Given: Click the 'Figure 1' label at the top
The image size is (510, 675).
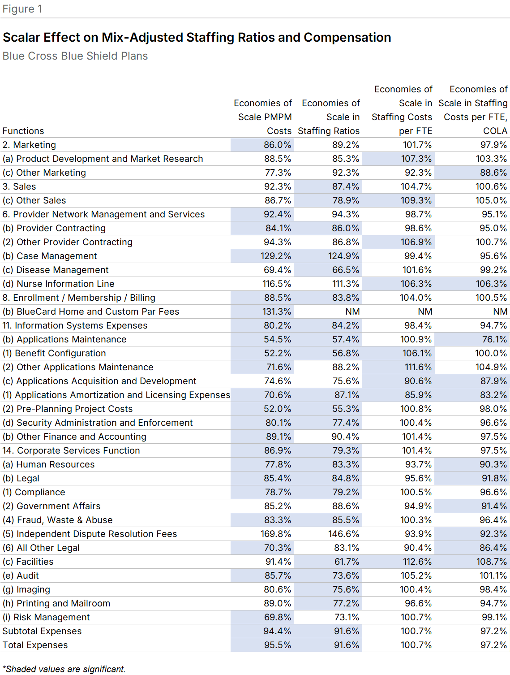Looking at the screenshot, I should [x=22, y=9].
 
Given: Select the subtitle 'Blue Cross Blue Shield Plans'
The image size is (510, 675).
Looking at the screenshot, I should [x=75, y=56].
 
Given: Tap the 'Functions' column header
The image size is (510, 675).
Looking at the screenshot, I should [x=23, y=131].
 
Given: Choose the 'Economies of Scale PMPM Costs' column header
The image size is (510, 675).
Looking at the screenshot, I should [x=263, y=117].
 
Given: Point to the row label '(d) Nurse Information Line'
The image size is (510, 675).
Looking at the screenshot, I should [x=58, y=284].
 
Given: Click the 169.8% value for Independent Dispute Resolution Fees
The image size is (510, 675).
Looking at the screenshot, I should [x=276, y=534].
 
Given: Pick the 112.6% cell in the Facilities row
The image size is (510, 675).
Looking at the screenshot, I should [x=416, y=562].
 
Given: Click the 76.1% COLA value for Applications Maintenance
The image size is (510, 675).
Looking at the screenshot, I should [x=494, y=339].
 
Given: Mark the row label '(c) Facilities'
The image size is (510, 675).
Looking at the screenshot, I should [x=28, y=562].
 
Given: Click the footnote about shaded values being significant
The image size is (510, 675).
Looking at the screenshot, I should [x=64, y=669].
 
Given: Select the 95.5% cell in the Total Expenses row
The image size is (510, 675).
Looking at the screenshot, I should [x=277, y=645].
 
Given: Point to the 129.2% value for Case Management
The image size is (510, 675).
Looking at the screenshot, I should [x=276, y=256].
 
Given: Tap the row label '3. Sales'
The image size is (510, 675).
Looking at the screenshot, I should [x=19, y=186].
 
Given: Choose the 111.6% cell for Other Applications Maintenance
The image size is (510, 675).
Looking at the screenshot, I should [x=417, y=367].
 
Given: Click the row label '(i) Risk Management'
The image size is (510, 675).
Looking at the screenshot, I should [x=46, y=617].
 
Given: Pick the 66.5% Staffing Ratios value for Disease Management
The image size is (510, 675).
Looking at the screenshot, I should [x=346, y=270].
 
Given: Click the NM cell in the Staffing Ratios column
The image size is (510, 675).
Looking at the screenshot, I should [x=353, y=312].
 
